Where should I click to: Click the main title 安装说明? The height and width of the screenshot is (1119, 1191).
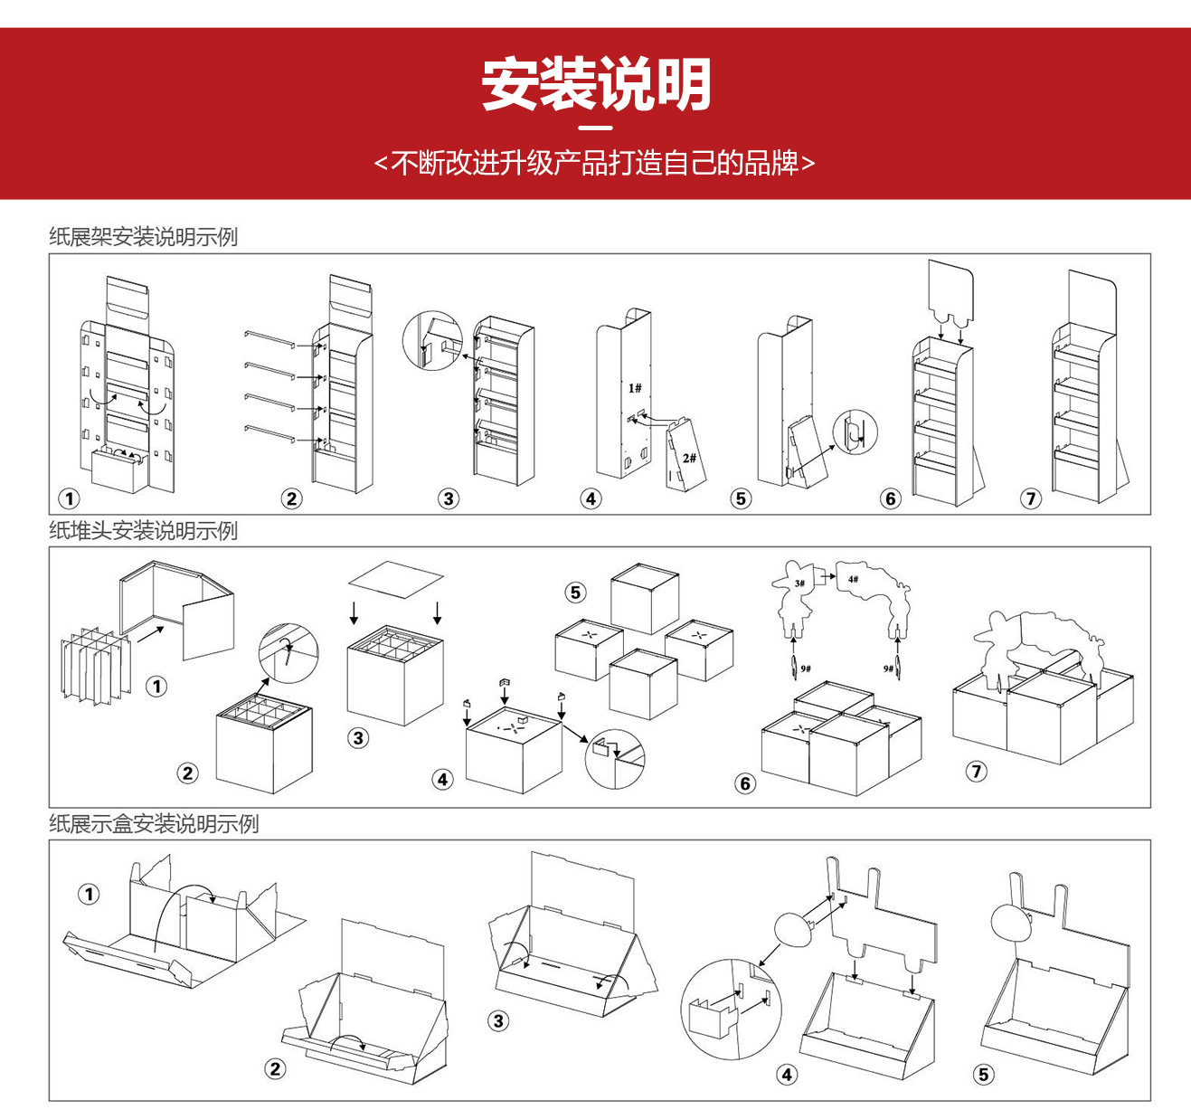pyautogui.click(x=595, y=85)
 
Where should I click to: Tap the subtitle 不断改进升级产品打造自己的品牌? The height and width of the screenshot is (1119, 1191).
pyautogui.click(x=595, y=163)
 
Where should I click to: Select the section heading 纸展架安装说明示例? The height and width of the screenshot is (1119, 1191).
pyautogui.click(x=143, y=237)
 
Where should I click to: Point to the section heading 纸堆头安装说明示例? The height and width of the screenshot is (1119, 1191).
pyautogui.click(x=143, y=531)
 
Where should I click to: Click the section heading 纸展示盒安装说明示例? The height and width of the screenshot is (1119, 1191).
pyautogui.click(x=154, y=824)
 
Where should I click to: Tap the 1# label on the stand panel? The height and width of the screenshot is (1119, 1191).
pyautogui.click(x=635, y=388)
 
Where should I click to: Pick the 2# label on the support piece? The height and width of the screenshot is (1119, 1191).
pyautogui.click(x=689, y=458)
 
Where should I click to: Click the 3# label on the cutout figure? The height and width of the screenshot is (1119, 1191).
pyautogui.click(x=799, y=583)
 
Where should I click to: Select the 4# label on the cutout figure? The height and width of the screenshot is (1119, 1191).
pyautogui.click(x=853, y=579)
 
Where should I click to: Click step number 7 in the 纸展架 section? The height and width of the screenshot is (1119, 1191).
pyautogui.click(x=1031, y=498)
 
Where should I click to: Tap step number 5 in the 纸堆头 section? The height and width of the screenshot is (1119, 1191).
pyautogui.click(x=575, y=593)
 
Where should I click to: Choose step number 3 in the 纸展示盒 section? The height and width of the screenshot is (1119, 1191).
pyautogui.click(x=498, y=1021)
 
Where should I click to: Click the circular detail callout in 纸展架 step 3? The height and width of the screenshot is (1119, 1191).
pyautogui.click(x=432, y=341)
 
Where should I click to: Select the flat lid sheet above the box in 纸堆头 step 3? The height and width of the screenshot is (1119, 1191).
pyautogui.click(x=395, y=579)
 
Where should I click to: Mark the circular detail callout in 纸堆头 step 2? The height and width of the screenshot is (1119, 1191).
pyautogui.click(x=288, y=652)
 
